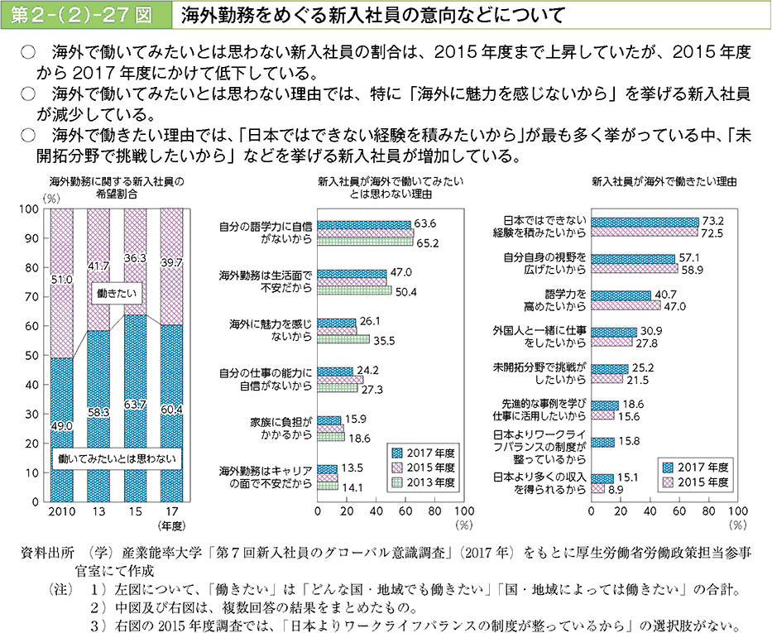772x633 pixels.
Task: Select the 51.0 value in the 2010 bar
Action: click(x=62, y=281)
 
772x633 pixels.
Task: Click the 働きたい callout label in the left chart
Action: click(x=113, y=293)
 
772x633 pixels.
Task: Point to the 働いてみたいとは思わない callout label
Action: click(x=115, y=457)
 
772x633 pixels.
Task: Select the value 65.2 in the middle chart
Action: click(x=427, y=242)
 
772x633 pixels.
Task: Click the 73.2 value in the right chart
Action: click(x=713, y=221)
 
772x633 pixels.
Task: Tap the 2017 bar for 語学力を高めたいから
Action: click(x=621, y=295)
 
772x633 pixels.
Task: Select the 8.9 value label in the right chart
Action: click(x=616, y=490)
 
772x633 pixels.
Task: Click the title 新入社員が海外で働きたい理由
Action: click(x=664, y=180)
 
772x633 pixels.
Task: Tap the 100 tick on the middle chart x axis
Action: click(x=464, y=512)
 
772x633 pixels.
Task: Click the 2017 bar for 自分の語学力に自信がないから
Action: click(x=364, y=224)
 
